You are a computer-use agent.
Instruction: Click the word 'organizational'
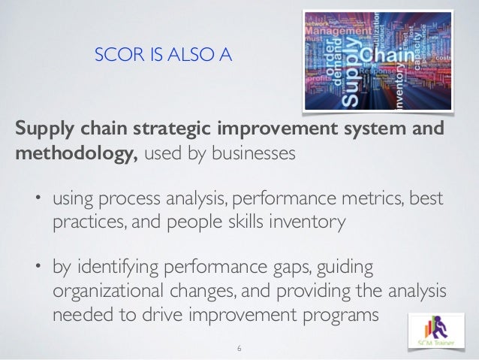point(111,292)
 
